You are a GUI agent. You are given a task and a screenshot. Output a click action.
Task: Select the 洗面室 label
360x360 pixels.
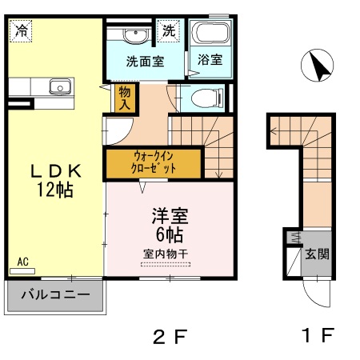[x=145, y=61]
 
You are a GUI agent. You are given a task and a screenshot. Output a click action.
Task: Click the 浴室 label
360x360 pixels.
[x=210, y=61]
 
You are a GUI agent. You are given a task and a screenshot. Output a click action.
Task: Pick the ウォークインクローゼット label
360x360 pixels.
[x=154, y=163]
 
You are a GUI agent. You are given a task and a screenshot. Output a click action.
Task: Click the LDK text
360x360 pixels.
[x=55, y=171]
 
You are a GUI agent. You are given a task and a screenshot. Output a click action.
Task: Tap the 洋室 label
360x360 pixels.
[x=169, y=217]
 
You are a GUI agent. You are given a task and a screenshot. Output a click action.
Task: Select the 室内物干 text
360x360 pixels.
[x=166, y=254]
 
